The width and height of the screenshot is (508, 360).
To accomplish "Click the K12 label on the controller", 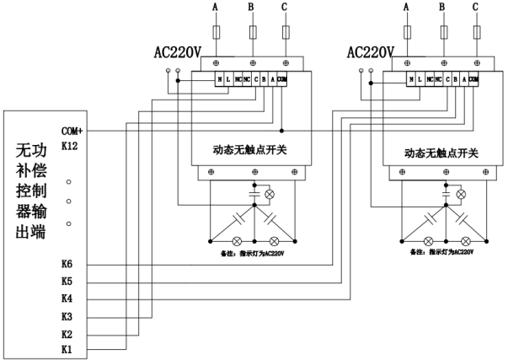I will pyautogui.click(x=71, y=146).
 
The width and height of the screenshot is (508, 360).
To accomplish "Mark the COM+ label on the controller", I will pyautogui.click(x=73, y=131).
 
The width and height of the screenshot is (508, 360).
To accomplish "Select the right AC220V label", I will pyautogui.click(x=371, y=52).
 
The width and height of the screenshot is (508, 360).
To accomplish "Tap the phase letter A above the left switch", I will pyautogui.click(x=217, y=7).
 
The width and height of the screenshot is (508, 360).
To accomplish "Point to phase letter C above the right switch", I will pyautogui.click(x=476, y=7).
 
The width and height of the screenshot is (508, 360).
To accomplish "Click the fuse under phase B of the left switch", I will pyautogui.click(x=252, y=33).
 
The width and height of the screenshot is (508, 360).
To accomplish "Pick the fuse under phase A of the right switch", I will pyautogui.click(x=409, y=33).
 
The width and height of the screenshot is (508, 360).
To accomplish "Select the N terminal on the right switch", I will pyautogui.click(x=411, y=79).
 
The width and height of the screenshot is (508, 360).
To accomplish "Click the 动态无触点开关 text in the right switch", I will pyautogui.click(x=441, y=153).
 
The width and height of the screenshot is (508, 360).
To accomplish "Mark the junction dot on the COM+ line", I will pyautogui.click(x=281, y=131).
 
